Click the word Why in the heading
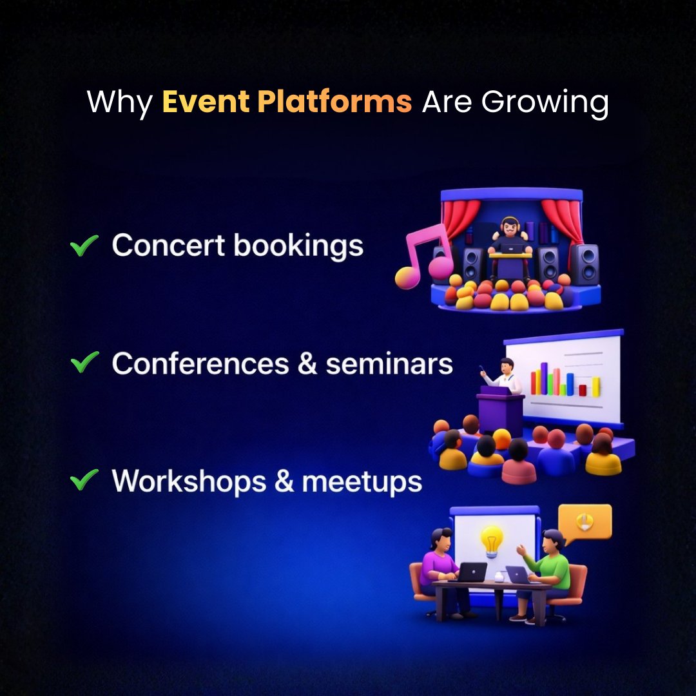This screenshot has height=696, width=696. (119, 103)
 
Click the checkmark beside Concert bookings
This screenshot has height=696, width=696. (84, 246)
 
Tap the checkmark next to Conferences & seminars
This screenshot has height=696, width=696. (84, 363)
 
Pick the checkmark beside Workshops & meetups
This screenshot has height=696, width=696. (84, 480)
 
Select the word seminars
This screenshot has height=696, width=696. (389, 363)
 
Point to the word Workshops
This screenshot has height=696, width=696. (189, 481)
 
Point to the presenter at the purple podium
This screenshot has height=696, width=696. (505, 376)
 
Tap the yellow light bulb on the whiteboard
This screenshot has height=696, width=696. (492, 540)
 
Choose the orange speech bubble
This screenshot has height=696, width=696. (584, 521)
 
